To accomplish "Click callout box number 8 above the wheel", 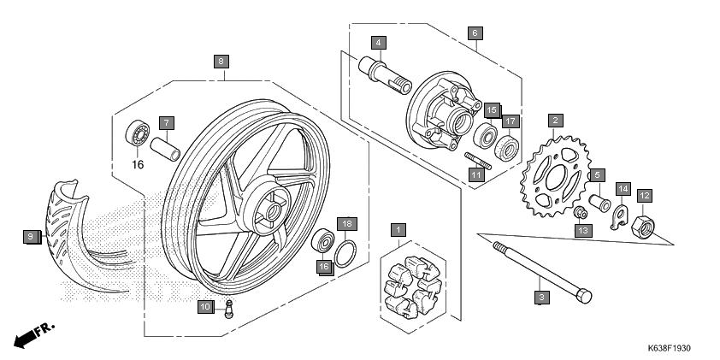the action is pyautogui.click(x=221, y=62).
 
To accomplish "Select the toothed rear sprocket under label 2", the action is pyautogui.click(x=555, y=176).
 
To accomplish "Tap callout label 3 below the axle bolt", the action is pyautogui.click(x=542, y=297).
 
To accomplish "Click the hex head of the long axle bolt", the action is pyautogui.click(x=584, y=296).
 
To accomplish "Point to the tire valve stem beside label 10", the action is pyautogui.click(x=228, y=308).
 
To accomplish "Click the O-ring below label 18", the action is pyautogui.click(x=345, y=253).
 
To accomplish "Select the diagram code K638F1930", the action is pyautogui.click(x=669, y=349).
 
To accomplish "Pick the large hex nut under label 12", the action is pyautogui.click(x=643, y=226).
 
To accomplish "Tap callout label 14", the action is pyautogui.click(x=623, y=189).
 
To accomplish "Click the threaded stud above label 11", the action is pyautogui.click(x=478, y=161).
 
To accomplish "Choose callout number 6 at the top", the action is pyautogui.click(x=475, y=33).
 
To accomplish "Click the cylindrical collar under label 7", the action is pyautogui.click(x=165, y=150).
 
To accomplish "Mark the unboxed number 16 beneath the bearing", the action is pyautogui.click(x=139, y=164).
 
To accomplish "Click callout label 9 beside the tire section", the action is pyautogui.click(x=31, y=237).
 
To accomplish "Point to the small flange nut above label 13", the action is pyautogui.click(x=581, y=213).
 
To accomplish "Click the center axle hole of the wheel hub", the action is pyautogui.click(x=274, y=212).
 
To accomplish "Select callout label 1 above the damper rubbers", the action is pyautogui.click(x=398, y=230).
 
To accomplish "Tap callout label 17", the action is pyautogui.click(x=510, y=121).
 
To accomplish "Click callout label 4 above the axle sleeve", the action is pyautogui.click(x=378, y=43).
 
